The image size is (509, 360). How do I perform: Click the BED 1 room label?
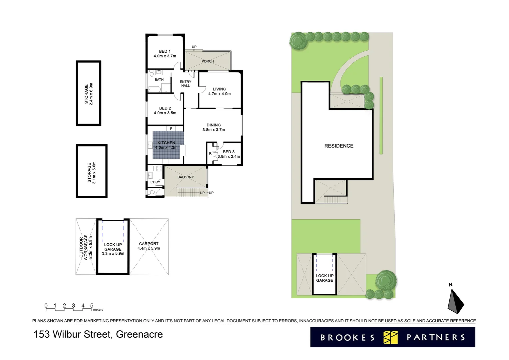point(165,51)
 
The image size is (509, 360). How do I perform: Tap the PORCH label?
point(208,61)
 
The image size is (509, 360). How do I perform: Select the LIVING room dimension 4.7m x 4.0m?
point(219,94)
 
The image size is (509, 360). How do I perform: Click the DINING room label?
point(214,125)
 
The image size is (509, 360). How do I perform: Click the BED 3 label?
point(229,152)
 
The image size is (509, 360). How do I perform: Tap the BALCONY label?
point(186,177)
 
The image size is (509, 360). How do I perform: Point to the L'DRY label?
point(155,182)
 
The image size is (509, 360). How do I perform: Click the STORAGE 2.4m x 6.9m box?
point(89,93)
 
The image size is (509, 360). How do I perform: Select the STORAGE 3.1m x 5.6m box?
point(92,171)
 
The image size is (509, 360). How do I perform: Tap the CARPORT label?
point(149,244)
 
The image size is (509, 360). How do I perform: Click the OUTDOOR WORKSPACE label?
point(84,247)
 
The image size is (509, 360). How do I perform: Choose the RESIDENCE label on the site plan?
point(339,146)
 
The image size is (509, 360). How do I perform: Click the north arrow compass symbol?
point(455,301)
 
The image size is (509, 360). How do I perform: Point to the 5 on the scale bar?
point(92,305)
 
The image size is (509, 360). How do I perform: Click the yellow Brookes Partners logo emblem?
point(390,337)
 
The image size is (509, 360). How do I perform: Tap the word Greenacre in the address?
point(139,334)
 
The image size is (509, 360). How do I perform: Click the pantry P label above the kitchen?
point(171,129)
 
